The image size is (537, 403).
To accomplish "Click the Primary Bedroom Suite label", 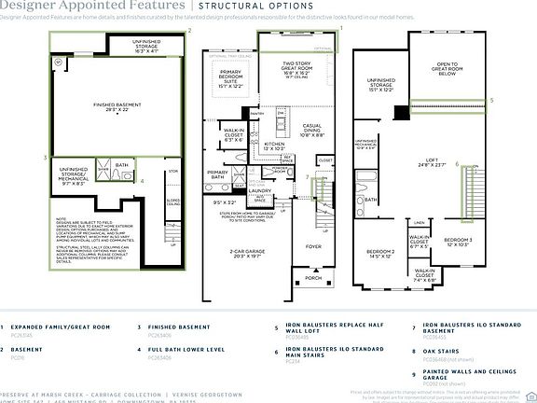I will pyautogui.click(x=229, y=82).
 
